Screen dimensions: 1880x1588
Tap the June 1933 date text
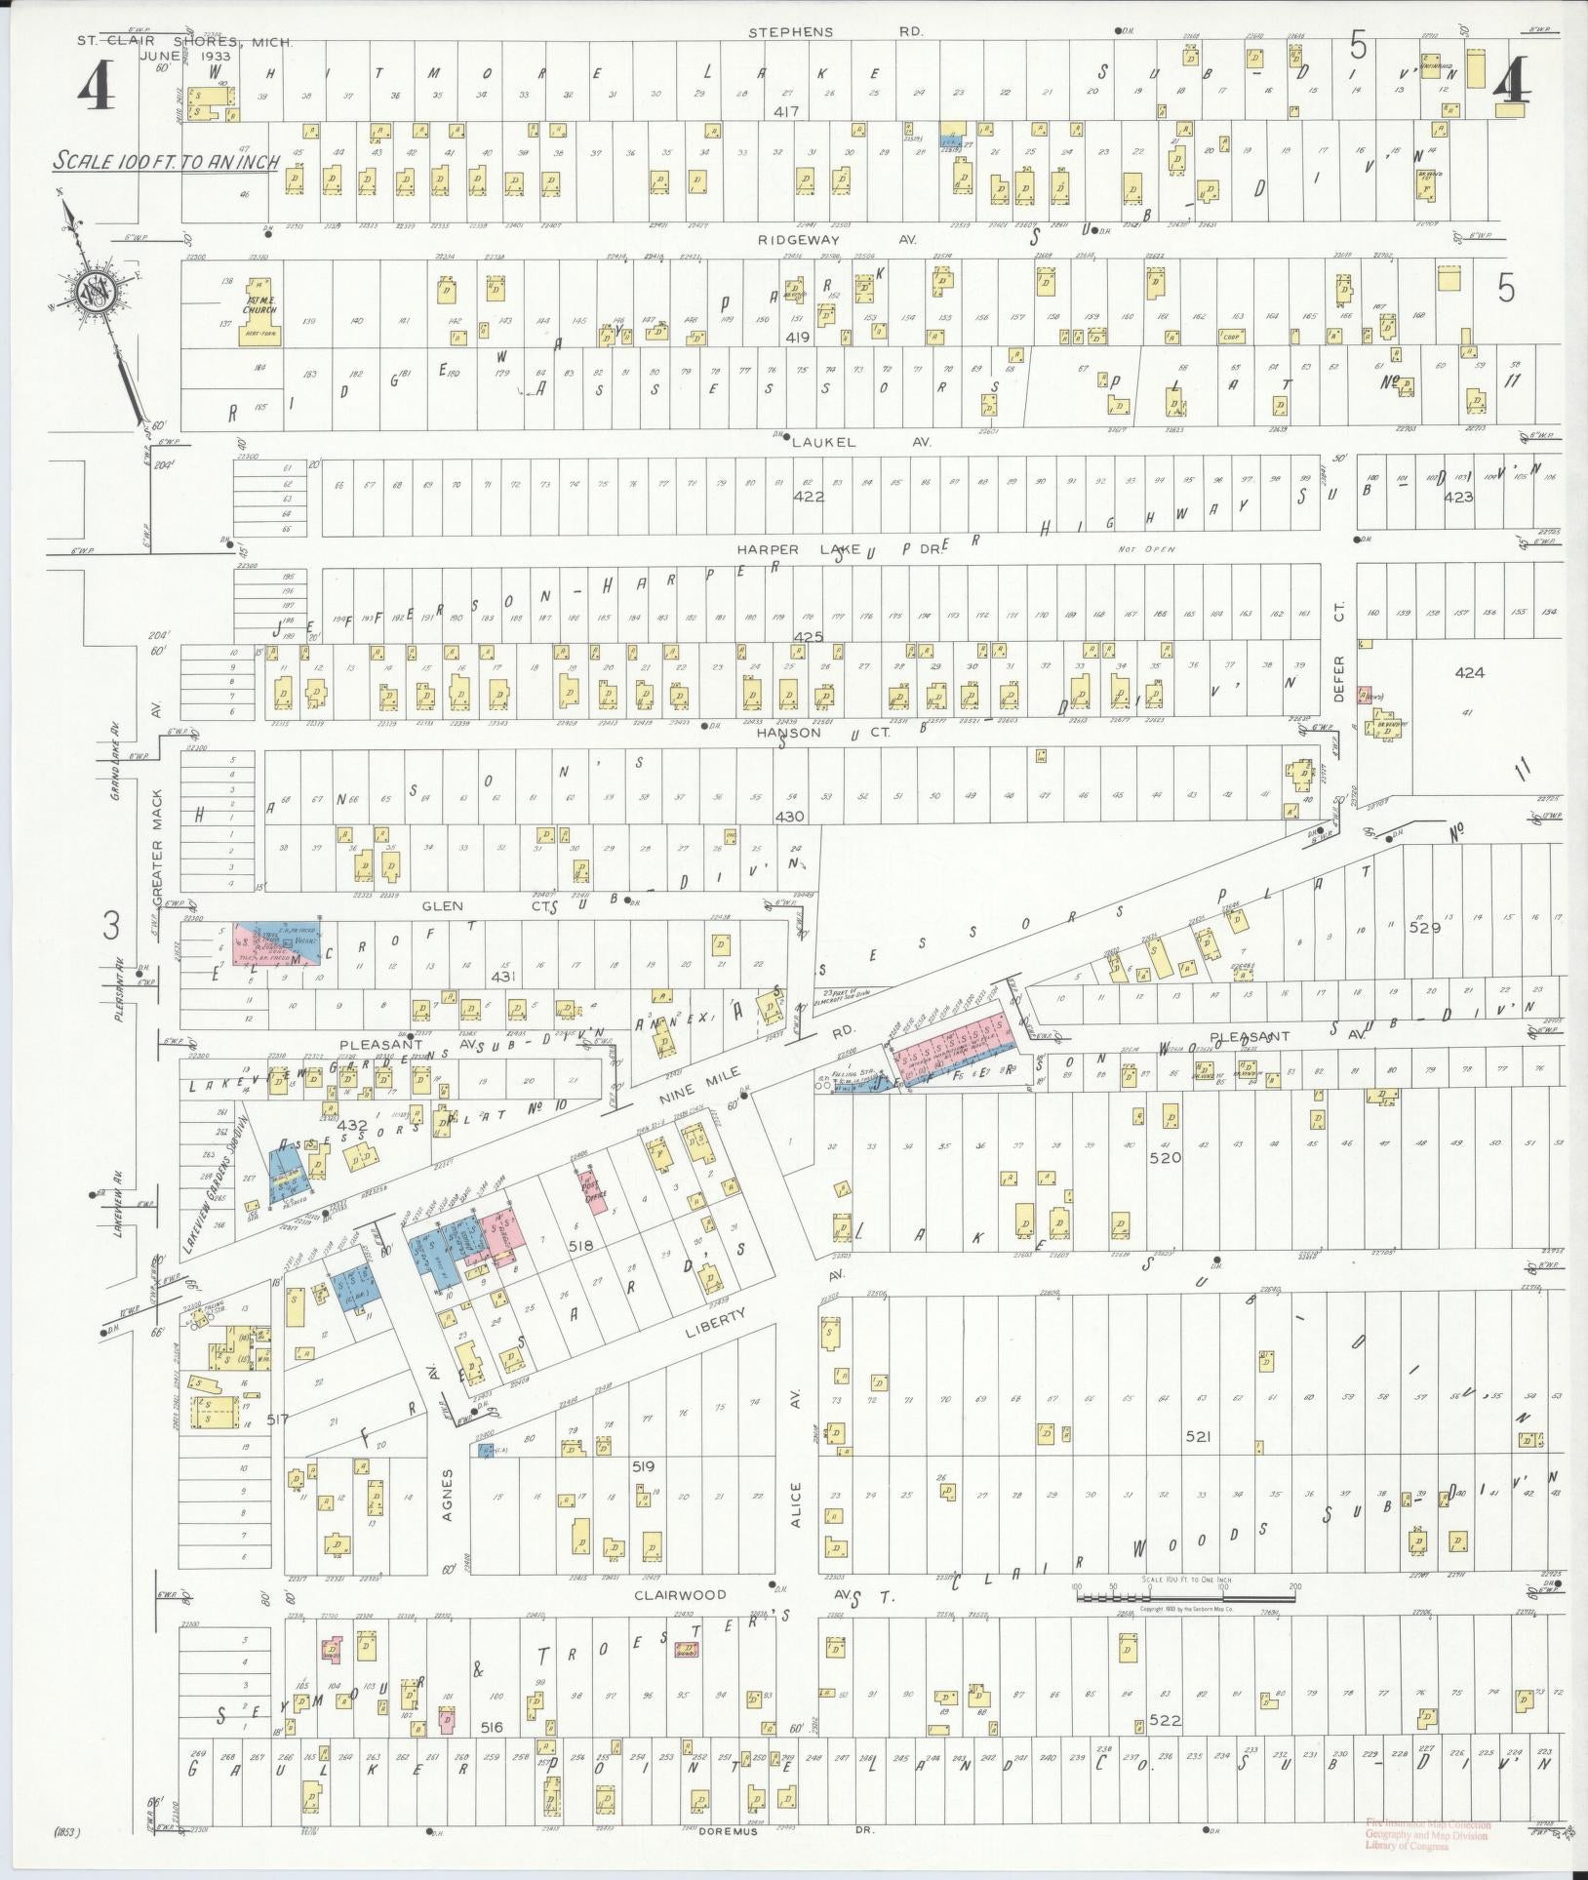pos(184,57)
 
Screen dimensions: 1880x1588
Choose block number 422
pos(809,497)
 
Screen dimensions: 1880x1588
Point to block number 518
pos(583,1246)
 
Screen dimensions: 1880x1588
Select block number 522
pos(1165,1721)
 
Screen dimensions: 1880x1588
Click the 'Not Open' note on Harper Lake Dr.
pos(1147,549)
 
